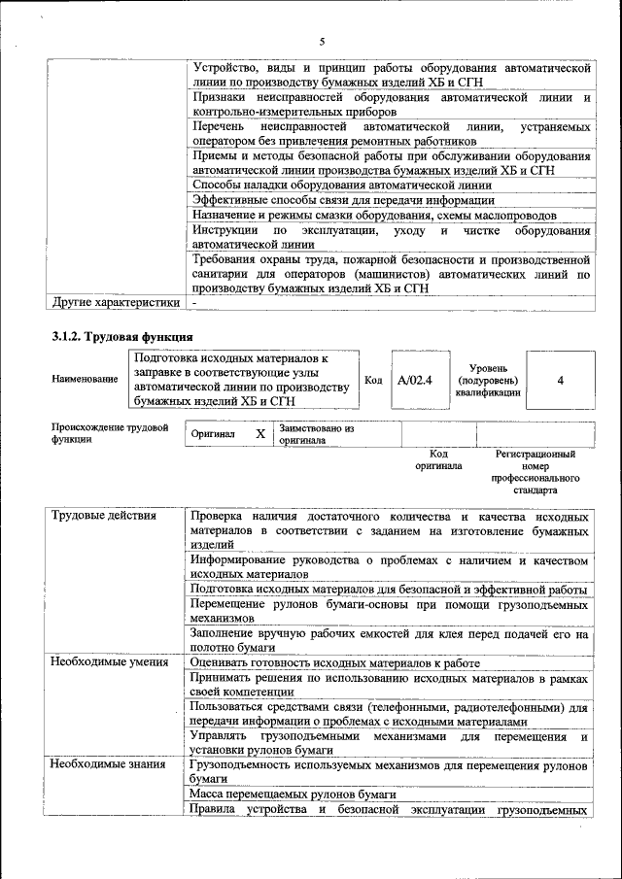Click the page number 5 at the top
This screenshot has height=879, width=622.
pyautogui.click(x=322, y=41)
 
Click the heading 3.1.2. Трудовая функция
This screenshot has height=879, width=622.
pyautogui.click(x=121, y=337)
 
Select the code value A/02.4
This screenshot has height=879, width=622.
pyautogui.click(x=414, y=381)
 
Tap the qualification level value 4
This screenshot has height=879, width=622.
pyautogui.click(x=560, y=381)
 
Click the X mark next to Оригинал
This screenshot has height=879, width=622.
pyautogui.click(x=259, y=434)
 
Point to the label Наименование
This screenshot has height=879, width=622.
pyautogui.click(x=86, y=380)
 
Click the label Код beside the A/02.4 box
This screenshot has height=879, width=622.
pyautogui.click(x=373, y=380)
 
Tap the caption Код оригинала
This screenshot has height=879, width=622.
pyautogui.click(x=438, y=459)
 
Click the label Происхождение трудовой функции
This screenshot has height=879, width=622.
pyautogui.click(x=110, y=433)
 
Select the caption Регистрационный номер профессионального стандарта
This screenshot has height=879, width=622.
pyautogui.click(x=535, y=472)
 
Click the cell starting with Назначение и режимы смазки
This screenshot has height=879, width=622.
pyautogui.click(x=373, y=215)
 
